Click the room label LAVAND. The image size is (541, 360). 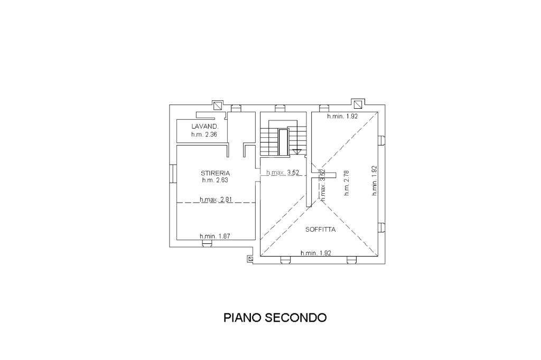(202, 127)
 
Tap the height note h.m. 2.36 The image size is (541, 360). (204, 135)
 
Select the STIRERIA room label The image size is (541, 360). (215, 173)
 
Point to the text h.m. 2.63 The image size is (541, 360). (215, 180)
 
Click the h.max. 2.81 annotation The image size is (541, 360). (216, 200)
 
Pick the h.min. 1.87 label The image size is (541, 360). (214, 236)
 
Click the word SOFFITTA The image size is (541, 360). (321, 230)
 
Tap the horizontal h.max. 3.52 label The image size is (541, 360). (283, 173)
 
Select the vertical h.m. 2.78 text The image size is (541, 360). (347, 183)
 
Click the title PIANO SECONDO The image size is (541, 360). (275, 318)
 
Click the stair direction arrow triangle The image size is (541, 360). (296, 151)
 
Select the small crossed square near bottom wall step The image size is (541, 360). (250, 259)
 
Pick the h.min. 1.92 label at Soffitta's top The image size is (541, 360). (343, 116)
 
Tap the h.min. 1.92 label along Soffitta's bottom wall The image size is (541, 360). (315, 253)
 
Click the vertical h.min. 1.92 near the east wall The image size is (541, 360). (374, 181)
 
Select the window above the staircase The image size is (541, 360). (279, 109)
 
